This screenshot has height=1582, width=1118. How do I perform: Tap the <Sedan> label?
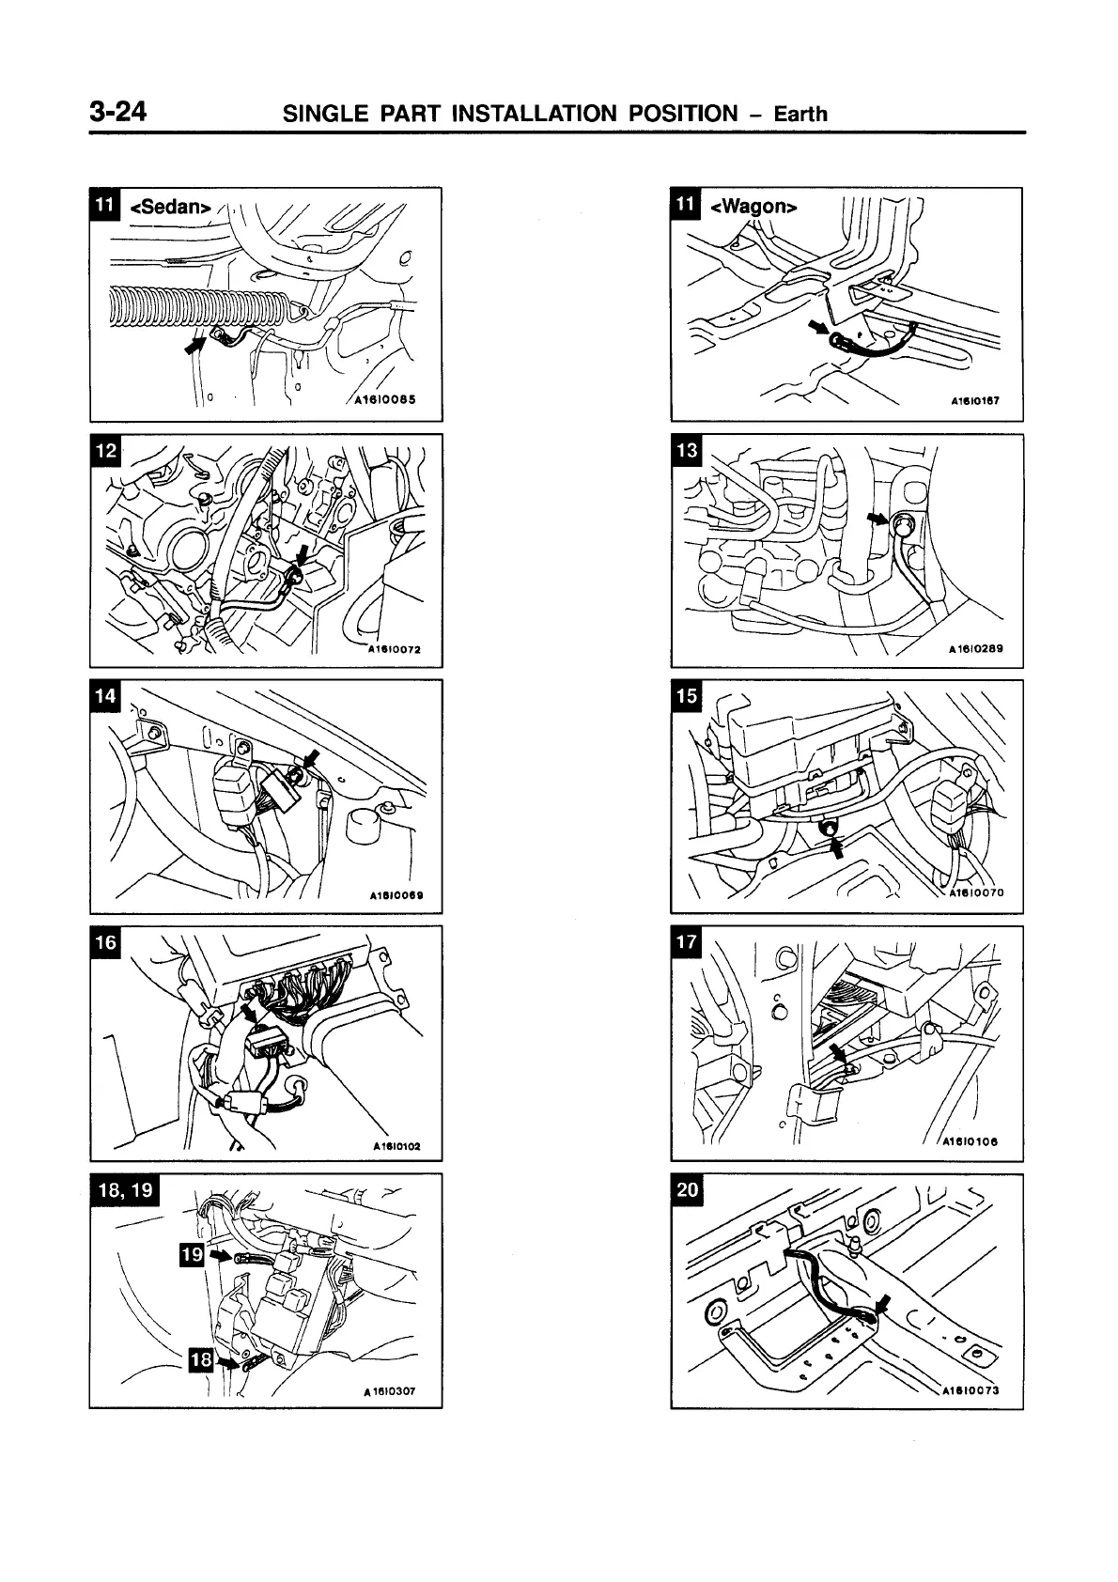coord(169,206)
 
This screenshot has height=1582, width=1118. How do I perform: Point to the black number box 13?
coord(687,451)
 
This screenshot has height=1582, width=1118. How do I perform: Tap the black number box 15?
coord(687,696)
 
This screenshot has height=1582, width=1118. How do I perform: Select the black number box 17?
coord(687,942)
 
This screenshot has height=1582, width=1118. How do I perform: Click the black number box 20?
coord(687,1189)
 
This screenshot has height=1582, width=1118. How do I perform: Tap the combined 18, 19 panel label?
coord(126,1190)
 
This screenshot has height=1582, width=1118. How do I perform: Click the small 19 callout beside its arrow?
coord(192,1253)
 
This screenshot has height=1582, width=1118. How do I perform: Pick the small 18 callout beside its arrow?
coord(201,1359)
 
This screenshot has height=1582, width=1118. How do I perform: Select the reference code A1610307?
coord(388,1393)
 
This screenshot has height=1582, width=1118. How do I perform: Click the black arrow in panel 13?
coord(877,518)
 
